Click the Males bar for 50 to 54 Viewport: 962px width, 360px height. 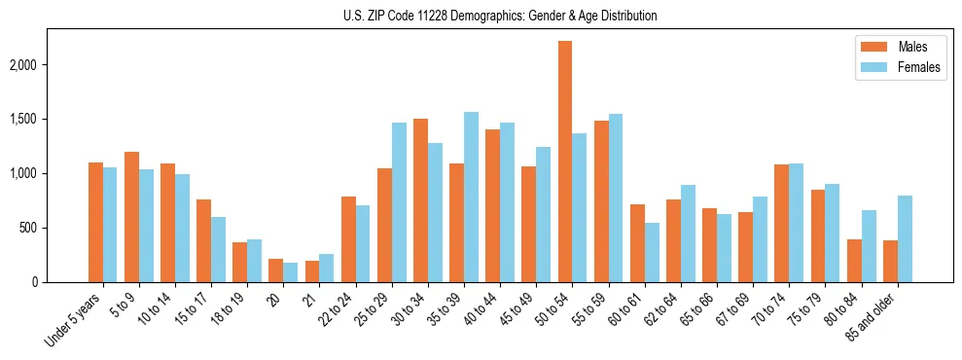(565, 162)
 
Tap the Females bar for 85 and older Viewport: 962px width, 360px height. (905, 238)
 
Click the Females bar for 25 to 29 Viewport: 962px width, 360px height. (399, 202)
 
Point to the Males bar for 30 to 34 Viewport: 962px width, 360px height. (420, 200)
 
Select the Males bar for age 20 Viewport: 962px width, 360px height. (276, 270)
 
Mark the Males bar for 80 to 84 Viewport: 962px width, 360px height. (854, 261)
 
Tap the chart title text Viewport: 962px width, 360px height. (500, 16)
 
